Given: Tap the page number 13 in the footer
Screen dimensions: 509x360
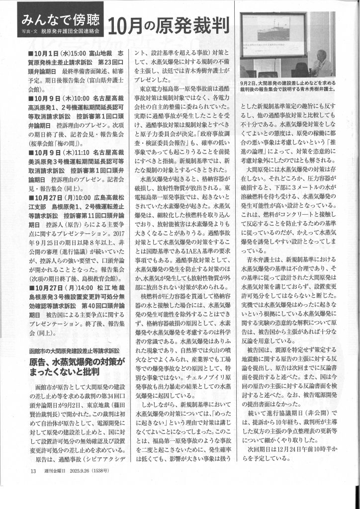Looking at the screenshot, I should tap(33, 484).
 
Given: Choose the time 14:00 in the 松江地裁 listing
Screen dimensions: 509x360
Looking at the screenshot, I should tap(82, 287).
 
